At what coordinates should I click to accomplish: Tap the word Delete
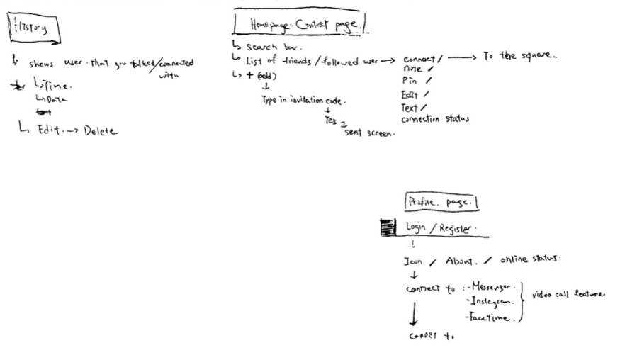click(x=99, y=130)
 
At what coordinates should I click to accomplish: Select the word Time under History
click(x=58, y=86)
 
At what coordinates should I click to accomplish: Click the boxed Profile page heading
click(x=441, y=202)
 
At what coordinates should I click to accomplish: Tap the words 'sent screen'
click(x=369, y=133)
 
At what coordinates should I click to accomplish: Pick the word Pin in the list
click(x=411, y=81)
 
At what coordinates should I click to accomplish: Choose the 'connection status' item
click(x=434, y=118)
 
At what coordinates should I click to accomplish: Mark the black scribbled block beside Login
click(x=387, y=227)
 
